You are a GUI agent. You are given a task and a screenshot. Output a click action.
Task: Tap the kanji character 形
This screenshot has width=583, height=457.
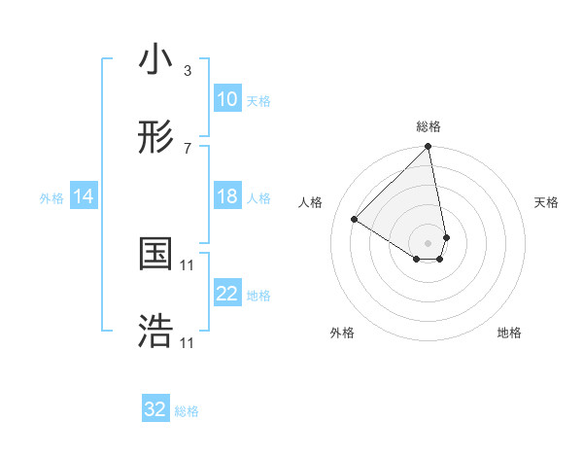pos(155,138)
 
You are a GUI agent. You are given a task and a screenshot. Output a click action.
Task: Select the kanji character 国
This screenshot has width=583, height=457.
pos(155,254)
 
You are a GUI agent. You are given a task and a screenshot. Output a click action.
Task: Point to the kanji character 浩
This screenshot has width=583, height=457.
pos(155,332)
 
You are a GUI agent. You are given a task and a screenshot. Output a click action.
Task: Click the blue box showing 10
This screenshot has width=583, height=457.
pos(226,99)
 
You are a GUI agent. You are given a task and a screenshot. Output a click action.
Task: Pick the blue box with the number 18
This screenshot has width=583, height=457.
pos(226,196)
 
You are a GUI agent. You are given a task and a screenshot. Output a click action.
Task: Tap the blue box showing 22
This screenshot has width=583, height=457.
pos(226,294)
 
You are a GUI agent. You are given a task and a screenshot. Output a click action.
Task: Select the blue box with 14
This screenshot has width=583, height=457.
pos(84,196)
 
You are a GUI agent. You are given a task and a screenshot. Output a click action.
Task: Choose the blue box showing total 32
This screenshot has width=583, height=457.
pos(155,409)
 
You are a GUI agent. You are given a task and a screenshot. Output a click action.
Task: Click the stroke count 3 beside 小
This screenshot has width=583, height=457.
pos(188,71)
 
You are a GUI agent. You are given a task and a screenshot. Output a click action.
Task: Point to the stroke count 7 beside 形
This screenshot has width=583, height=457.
pos(188,149)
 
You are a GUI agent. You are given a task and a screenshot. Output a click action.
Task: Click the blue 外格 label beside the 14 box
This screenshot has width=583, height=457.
pos(51,197)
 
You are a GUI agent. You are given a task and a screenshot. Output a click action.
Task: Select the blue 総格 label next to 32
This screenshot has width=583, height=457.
pos(187,410)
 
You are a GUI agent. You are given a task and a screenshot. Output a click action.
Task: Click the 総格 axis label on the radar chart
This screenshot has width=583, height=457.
pos(429,126)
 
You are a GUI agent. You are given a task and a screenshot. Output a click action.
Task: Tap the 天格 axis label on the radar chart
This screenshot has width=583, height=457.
pos(547,202)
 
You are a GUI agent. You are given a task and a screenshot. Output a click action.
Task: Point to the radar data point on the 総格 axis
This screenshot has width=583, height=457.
pos(428,148)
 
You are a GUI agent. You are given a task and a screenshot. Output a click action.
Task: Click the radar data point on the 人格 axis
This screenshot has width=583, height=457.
pos(355,220)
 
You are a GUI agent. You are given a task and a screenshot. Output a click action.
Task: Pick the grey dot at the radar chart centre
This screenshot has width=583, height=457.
pos(428,242)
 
